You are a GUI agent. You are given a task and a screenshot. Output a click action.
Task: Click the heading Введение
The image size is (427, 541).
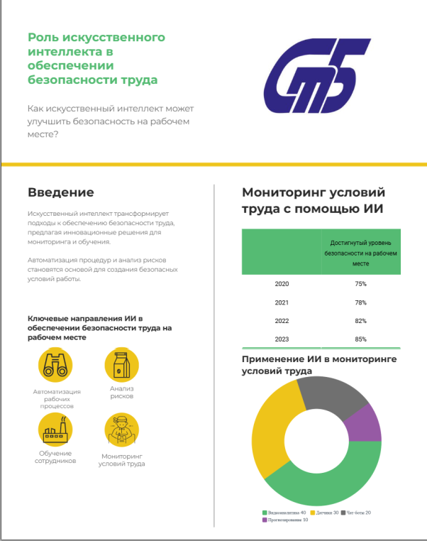[60, 192]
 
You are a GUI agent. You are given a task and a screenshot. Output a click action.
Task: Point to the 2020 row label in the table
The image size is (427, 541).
[282, 284]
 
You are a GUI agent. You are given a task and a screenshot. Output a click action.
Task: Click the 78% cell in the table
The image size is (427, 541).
[360, 302]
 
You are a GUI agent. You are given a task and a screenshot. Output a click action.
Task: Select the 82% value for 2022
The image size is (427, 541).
[360, 321]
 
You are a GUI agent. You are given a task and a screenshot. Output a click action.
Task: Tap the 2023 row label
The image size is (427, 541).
[282, 339]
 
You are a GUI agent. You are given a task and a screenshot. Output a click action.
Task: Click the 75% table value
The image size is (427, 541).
[360, 284]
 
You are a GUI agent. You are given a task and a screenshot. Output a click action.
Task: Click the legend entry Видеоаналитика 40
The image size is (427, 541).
[284, 512]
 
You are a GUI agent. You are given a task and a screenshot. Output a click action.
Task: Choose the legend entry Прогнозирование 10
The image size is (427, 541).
[284, 520]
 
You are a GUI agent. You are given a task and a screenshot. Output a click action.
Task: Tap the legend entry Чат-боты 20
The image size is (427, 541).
[357, 512]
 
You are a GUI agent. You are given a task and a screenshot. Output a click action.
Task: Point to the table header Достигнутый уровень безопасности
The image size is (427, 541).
[360, 252]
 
